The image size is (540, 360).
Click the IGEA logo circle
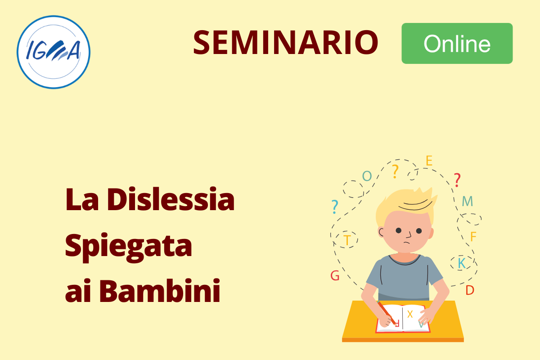click(x=54, y=52)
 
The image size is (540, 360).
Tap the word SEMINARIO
click(x=286, y=42)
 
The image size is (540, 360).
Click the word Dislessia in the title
click(x=171, y=199)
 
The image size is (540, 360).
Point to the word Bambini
click(x=160, y=290)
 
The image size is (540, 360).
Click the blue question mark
click(x=335, y=207)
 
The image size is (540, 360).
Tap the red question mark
click(x=457, y=180)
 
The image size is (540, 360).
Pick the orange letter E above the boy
click(x=429, y=161)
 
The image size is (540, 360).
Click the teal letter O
click(x=367, y=176)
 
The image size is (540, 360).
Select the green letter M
click(x=468, y=201)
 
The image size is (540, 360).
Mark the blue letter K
click(x=462, y=263)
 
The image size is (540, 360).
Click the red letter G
click(x=335, y=275)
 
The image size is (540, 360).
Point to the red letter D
click(x=470, y=290)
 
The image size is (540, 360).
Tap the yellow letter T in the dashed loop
click(x=347, y=240)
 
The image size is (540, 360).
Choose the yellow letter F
click(x=473, y=237)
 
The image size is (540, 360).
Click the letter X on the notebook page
click(x=410, y=314)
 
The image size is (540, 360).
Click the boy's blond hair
click(x=407, y=202)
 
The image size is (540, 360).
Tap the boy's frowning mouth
click(x=407, y=243)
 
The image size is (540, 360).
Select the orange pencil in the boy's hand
click(x=387, y=313)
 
